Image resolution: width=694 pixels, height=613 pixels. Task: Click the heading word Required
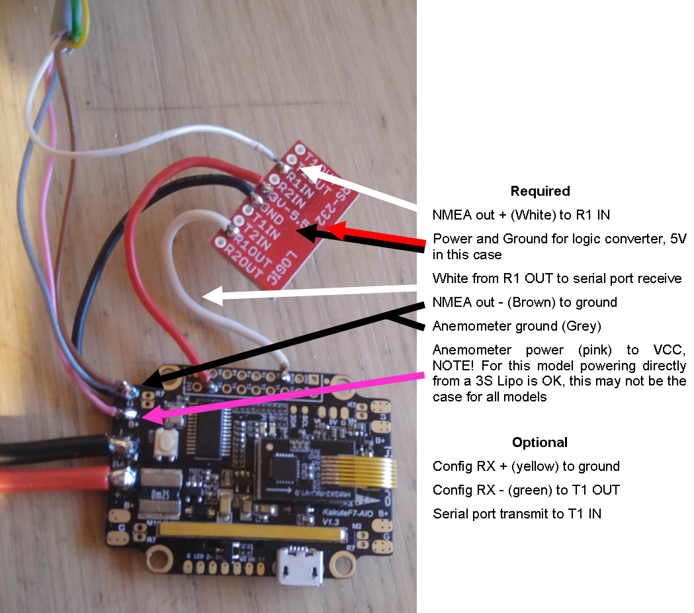pyautogui.click(x=540, y=191)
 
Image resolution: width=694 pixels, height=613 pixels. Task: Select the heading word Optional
pyautogui.click(x=539, y=442)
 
